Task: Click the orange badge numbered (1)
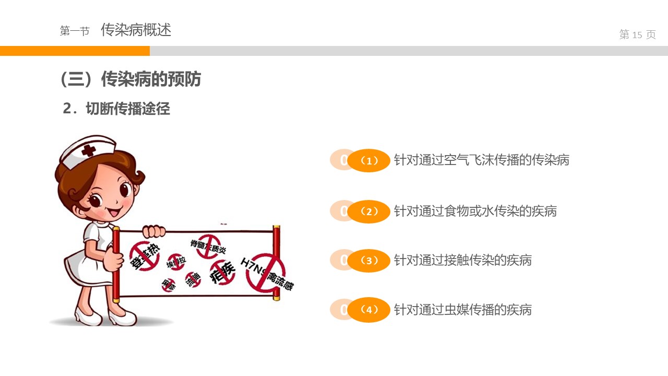tap(369, 161)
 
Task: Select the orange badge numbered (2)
tap(369, 211)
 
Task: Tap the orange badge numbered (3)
tap(369, 261)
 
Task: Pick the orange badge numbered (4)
tap(369, 310)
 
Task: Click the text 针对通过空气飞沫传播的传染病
tap(481, 160)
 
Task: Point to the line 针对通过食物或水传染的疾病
tap(475, 211)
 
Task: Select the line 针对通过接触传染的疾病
tap(462, 260)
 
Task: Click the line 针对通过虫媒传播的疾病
tap(462, 310)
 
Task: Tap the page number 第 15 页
tap(637, 35)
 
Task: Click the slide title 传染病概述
tap(136, 30)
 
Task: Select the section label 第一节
tap(75, 31)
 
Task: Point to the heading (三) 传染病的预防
tap(130, 79)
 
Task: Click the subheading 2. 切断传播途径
tap(116, 109)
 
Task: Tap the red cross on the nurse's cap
tap(89, 150)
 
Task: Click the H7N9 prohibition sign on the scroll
tap(264, 272)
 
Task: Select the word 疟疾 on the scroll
tap(223, 272)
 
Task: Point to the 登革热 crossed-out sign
tap(144, 256)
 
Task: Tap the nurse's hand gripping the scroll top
tap(154, 231)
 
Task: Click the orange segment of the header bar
tap(75, 51)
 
